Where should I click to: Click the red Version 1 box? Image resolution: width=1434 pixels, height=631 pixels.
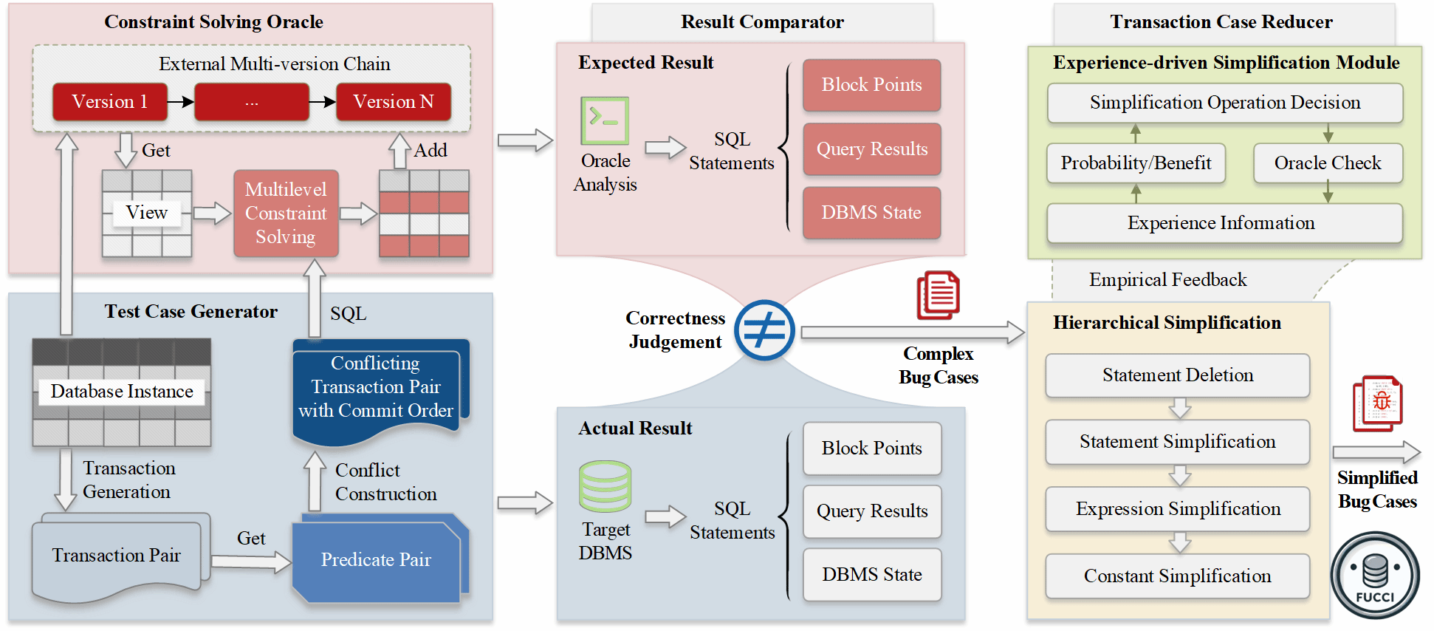pos(109,102)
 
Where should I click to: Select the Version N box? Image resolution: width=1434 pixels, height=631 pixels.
pos(393,102)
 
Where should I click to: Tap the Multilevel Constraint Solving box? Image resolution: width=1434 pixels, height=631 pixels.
pos(286,214)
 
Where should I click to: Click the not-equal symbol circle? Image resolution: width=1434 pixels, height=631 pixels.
pos(764,330)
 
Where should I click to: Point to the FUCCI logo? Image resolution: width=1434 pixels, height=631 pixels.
pos(1375,576)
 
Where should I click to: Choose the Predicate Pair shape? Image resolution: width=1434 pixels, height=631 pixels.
pos(377,560)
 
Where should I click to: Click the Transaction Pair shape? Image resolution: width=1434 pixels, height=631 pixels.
pos(117,556)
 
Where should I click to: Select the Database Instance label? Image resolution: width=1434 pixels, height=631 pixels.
pos(122,392)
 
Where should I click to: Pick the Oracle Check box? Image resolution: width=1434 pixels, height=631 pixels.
pos(1327,163)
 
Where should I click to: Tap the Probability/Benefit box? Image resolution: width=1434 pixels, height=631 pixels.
pos(1136,163)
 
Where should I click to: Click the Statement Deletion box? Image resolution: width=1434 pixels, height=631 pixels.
pos(1177,375)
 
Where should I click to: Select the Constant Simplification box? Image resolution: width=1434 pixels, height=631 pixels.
pos(1177,576)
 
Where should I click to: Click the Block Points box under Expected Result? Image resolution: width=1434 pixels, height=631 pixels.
pos(871,85)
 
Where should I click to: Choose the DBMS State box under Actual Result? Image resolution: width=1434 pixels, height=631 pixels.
pos(871,575)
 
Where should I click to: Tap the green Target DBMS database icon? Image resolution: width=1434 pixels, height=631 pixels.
pos(605,487)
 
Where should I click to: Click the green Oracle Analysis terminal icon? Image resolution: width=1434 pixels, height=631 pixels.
pos(605,120)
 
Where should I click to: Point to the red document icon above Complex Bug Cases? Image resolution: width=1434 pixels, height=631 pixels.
pos(938,295)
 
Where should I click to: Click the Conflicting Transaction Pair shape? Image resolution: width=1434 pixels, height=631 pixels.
pos(377,388)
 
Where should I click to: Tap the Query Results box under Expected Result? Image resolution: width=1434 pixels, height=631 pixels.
pos(871,149)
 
